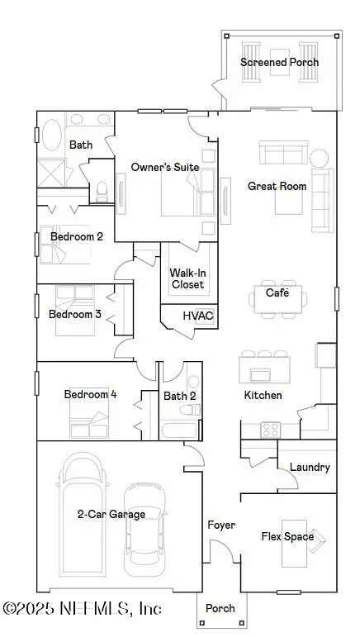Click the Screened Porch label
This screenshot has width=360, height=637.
279,62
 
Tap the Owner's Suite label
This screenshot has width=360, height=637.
165,167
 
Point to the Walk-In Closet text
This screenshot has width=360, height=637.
187,278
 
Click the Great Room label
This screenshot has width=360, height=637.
277,186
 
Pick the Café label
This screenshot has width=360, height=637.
277,292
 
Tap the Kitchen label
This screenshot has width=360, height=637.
263,395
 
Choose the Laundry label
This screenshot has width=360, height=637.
310,467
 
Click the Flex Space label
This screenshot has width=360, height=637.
287,536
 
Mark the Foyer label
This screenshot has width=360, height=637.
221,525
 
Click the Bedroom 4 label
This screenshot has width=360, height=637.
90,394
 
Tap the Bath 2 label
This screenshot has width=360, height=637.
180,396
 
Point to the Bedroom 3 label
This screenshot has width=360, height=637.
74,314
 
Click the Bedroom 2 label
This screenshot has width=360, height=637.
76,236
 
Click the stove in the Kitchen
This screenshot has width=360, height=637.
270,430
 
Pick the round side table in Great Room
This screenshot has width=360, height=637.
320,157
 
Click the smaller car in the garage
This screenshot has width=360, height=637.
143,529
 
